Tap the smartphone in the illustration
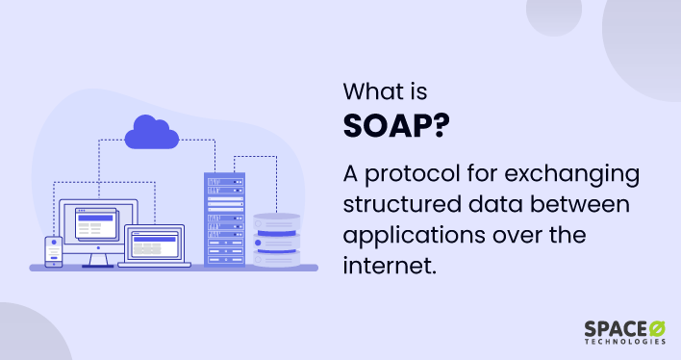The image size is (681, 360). (x=54, y=250)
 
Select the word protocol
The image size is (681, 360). (x=408, y=177)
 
